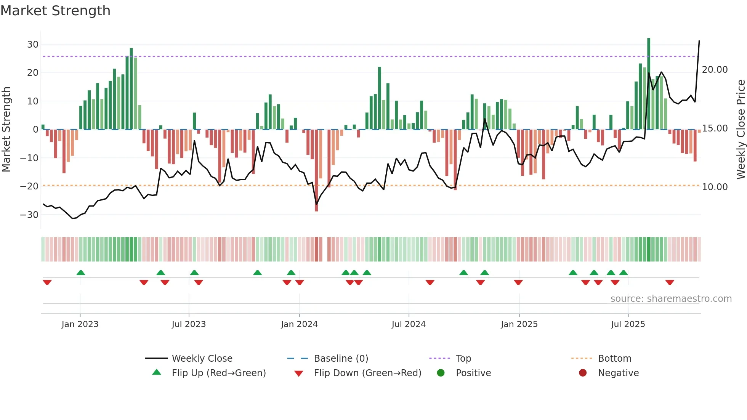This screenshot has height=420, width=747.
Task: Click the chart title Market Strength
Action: [55, 11]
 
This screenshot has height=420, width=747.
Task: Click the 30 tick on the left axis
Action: [33, 45]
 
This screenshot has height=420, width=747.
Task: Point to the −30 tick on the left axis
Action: [29, 215]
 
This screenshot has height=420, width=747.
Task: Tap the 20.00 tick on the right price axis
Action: [715, 70]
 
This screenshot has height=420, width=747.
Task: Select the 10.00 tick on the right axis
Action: [715, 187]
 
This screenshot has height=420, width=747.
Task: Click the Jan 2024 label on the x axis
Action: [299, 324]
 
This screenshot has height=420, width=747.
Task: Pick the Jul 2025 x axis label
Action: [628, 324]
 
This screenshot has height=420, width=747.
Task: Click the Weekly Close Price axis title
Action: [741, 130]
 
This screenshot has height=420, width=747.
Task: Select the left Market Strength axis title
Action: [6, 130]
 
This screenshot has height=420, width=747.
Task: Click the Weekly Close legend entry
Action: [202, 359]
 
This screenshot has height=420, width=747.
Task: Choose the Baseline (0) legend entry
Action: [341, 359]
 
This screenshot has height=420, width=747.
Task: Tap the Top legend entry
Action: [463, 359]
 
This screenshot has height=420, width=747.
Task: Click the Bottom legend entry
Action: [614, 359]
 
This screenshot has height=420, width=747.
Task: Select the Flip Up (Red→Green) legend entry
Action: [218, 373]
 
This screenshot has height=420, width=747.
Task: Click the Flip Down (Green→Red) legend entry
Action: [367, 373]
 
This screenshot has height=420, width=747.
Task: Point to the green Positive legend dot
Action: [441, 373]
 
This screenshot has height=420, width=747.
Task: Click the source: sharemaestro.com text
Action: [671, 299]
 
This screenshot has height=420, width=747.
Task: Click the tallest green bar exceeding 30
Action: [649, 84]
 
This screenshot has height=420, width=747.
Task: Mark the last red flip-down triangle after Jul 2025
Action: [670, 282]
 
